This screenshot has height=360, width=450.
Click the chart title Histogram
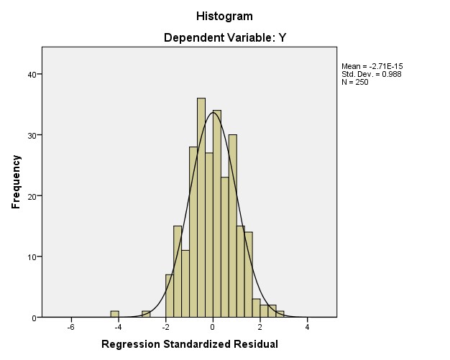click(224, 16)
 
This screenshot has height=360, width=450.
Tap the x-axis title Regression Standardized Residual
click(190, 344)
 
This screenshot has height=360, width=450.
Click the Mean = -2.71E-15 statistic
click(371, 67)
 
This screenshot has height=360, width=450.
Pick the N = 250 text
click(355, 81)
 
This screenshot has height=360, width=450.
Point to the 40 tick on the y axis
click(32, 74)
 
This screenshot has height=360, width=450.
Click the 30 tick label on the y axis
click(32, 135)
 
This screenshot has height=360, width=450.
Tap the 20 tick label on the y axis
click(32, 195)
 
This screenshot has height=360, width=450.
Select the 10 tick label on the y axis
click(32, 257)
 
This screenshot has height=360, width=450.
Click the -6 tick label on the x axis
click(70, 327)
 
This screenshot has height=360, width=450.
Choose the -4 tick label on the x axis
click(117, 327)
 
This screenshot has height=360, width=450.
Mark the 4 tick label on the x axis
click(307, 327)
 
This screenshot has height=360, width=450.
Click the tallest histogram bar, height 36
click(201, 208)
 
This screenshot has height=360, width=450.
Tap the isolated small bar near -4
click(114, 314)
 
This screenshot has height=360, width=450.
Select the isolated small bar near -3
click(146, 314)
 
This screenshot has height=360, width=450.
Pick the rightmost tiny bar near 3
click(280, 314)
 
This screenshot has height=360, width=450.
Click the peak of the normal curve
click(213, 112)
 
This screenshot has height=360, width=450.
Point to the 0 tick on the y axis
click(35, 317)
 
